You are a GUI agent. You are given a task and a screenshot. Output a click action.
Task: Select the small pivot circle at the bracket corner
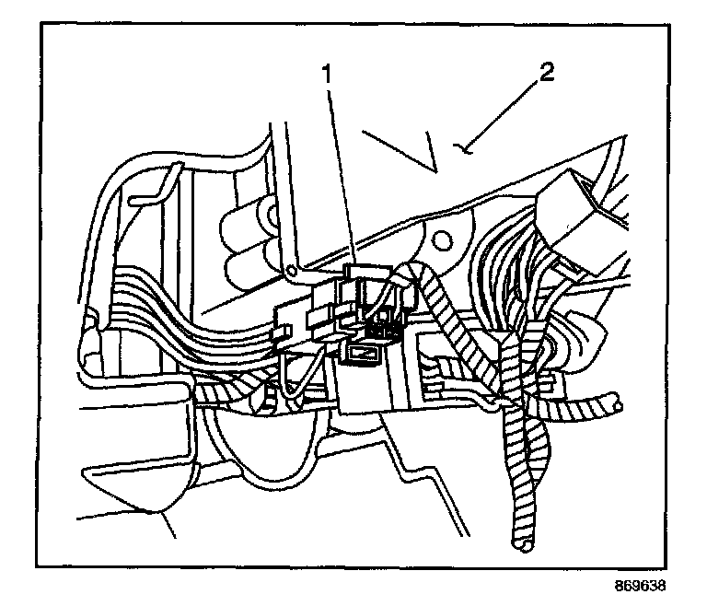tap(291, 272)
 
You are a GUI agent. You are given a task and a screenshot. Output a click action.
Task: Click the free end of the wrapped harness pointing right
tap(611, 402)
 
